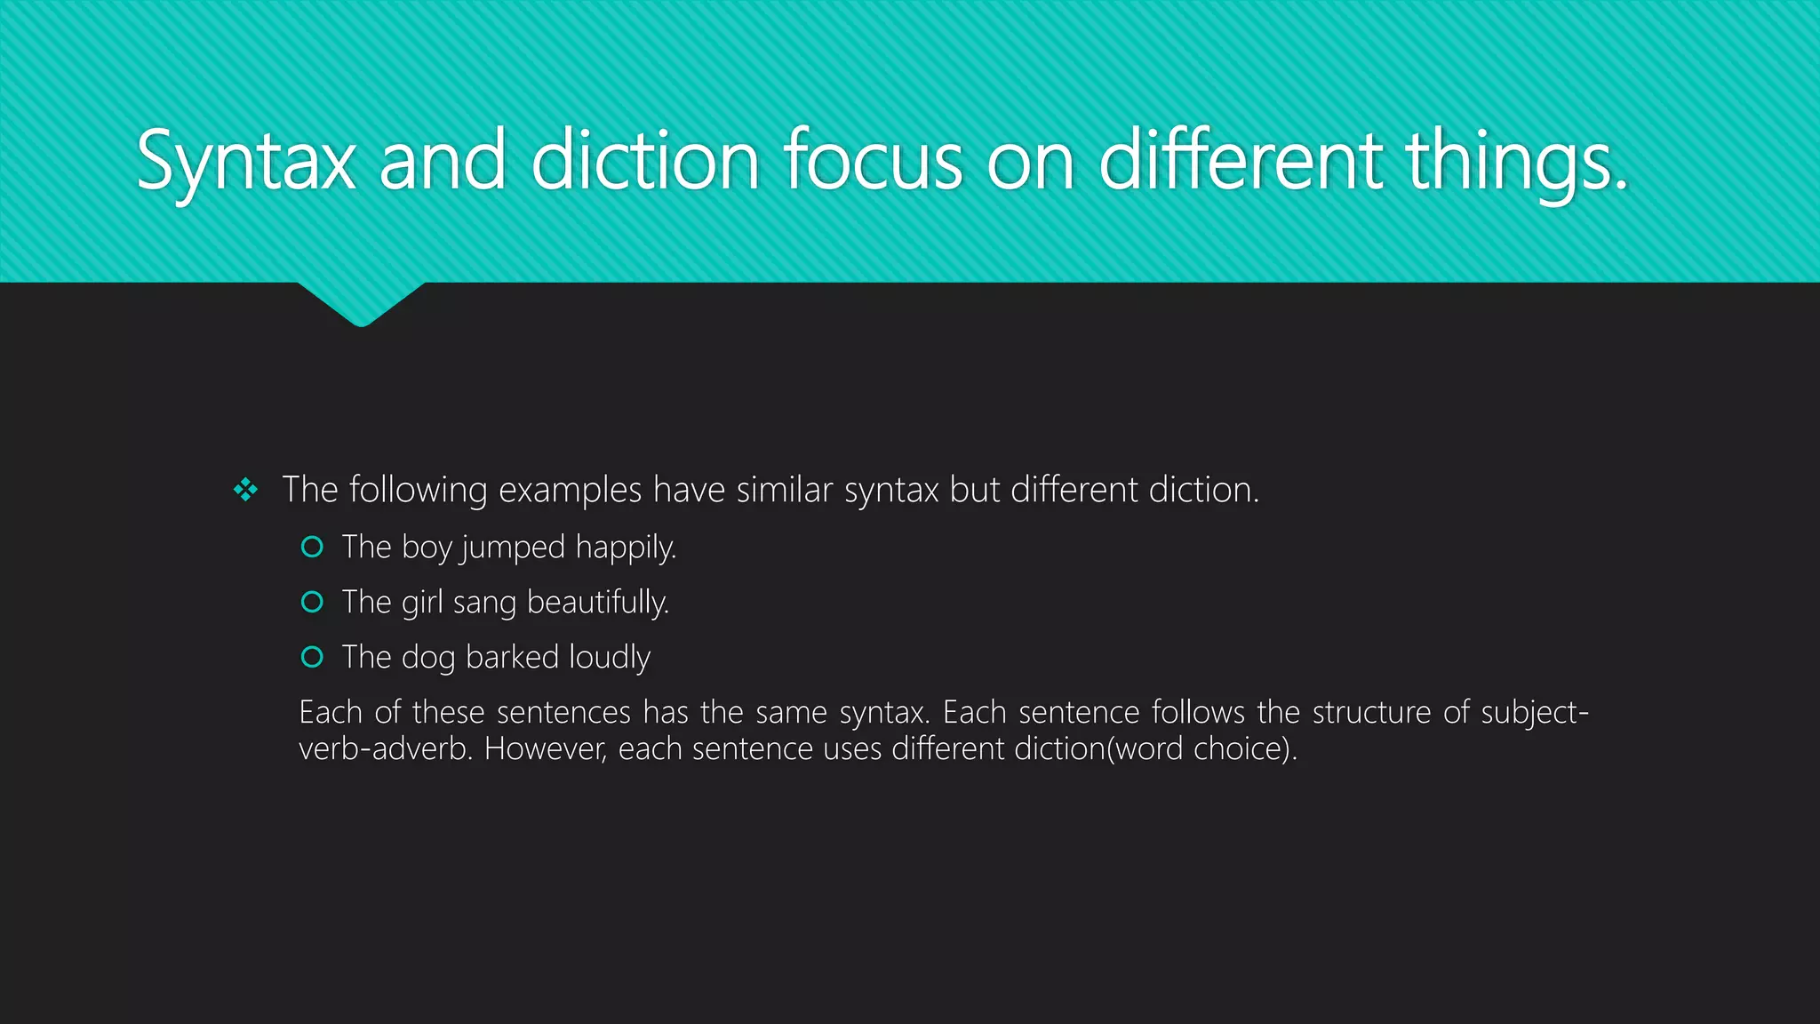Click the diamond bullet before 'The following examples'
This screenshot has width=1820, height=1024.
pyautogui.click(x=245, y=490)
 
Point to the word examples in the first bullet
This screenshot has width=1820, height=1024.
pyautogui.click(x=570, y=490)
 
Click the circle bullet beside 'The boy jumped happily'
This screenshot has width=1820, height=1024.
pyautogui.click(x=312, y=547)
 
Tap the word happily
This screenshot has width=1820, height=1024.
pyautogui.click(x=626, y=548)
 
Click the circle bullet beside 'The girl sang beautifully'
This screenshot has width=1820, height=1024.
pyautogui.click(x=312, y=602)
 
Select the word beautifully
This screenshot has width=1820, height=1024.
pyautogui.click(x=597, y=602)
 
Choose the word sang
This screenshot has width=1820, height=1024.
pyautogui.click(x=484, y=603)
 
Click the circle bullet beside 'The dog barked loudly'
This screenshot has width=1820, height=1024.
pyautogui.click(x=312, y=657)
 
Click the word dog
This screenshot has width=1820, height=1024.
pyautogui.click(x=428, y=658)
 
